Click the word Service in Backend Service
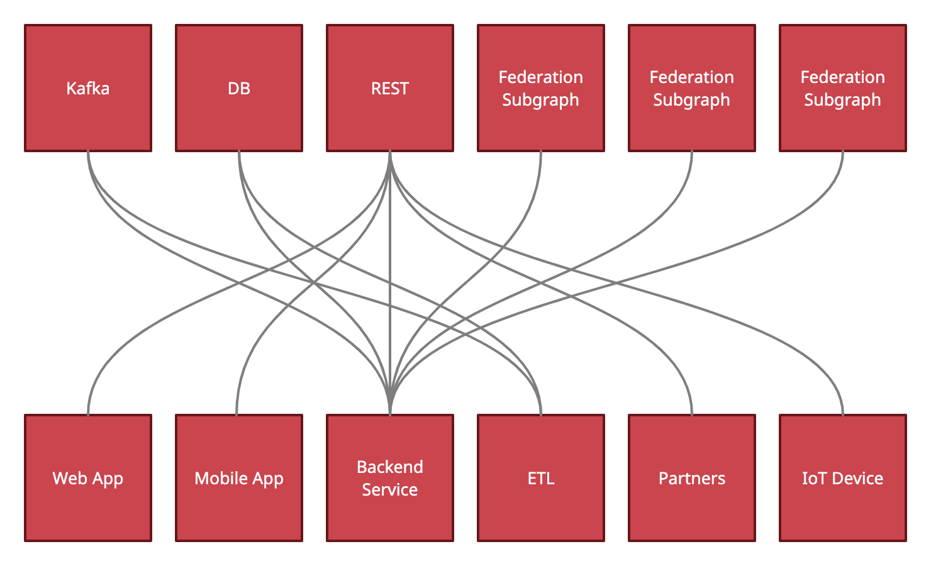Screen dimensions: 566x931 [390, 490]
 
